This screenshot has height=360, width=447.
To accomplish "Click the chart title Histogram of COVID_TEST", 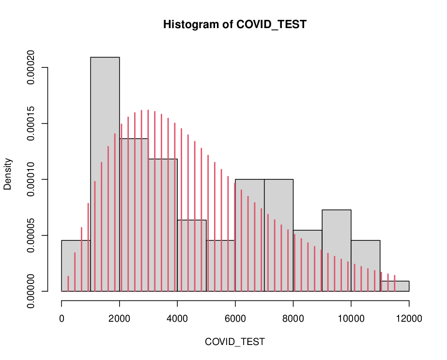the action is [234, 25].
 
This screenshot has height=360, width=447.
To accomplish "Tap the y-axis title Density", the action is [7, 174].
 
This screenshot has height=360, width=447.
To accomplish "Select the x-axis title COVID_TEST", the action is [234, 342].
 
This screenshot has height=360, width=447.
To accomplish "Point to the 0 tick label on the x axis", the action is [62, 318].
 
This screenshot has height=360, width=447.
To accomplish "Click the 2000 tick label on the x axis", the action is [120, 318].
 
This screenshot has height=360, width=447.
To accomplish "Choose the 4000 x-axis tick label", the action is [177, 318].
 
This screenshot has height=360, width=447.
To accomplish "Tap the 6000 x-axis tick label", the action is [235, 318].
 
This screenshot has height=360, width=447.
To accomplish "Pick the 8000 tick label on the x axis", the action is [293, 318].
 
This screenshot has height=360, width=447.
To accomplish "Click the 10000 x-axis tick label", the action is [351, 318].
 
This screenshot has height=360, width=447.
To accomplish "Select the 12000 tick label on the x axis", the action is [409, 318].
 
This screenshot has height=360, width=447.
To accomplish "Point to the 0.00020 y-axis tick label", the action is [31, 67].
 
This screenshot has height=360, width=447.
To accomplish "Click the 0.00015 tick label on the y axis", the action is [31, 123].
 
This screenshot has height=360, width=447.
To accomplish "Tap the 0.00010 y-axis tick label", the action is [31, 179].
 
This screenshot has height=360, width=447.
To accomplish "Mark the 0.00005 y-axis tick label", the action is [31, 235].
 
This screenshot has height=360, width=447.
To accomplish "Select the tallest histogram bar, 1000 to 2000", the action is [105, 174].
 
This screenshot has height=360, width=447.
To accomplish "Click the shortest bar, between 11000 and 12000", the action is [395, 286].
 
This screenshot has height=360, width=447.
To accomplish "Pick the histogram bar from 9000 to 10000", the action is [337, 250].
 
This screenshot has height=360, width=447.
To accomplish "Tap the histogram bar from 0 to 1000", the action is [76, 266].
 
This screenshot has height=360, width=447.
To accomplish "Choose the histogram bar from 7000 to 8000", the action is [279, 235].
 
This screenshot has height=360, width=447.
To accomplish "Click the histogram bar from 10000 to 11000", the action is [366, 266].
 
